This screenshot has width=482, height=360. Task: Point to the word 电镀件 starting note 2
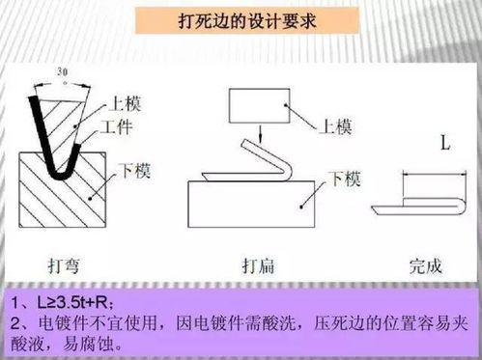click(59, 319)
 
